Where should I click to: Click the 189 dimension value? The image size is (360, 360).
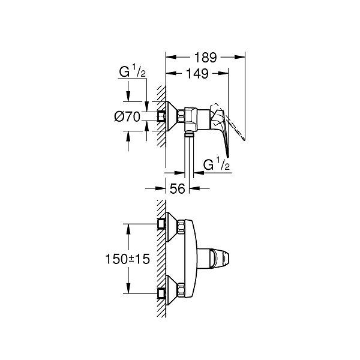pos(205,58)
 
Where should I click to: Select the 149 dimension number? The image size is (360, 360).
pos(197,73)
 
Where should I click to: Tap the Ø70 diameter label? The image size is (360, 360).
pos(127,117)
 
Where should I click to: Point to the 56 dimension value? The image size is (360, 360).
pos(177,189)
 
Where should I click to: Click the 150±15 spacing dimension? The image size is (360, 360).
pos(127,259)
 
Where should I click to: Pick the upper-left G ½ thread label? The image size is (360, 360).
pos(132,71)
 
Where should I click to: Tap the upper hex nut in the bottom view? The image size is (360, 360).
pos(181,227)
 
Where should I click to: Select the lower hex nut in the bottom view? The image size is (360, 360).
pos(181,290)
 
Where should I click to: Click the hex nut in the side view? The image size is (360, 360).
pos(181,116)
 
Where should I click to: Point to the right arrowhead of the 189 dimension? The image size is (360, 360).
pos(239,57)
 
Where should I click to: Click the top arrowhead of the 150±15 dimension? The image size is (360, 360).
pos(128,229)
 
